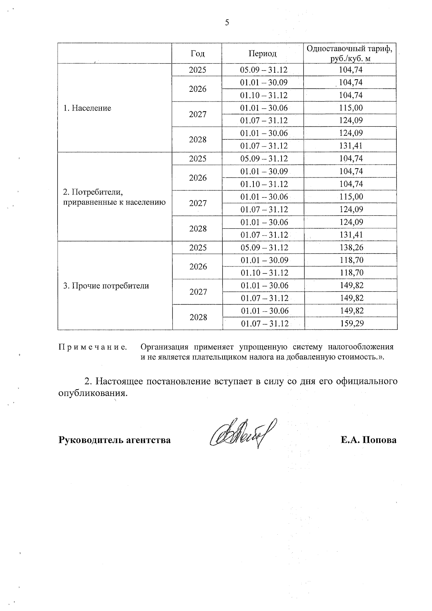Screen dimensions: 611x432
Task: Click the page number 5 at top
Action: pos(227,23)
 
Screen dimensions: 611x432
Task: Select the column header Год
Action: pos(197,54)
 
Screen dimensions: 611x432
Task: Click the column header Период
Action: pos(262,54)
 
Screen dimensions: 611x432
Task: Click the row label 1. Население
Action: pos(87,108)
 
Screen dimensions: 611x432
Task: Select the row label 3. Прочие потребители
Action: pos(106,286)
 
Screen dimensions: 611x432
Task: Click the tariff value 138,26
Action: pos(351,248)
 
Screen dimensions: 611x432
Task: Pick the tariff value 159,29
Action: pos(351,323)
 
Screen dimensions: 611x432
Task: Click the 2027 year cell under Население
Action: pos(198,114)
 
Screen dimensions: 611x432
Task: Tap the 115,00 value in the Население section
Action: pos(351,108)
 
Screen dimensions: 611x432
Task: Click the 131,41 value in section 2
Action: pos(351,235)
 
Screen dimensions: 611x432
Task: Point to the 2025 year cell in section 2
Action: pos(198,158)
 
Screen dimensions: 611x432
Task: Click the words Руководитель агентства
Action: pos(114,440)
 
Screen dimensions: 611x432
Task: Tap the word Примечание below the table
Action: pos(93,347)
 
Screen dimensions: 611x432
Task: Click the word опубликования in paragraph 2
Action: pos(93,393)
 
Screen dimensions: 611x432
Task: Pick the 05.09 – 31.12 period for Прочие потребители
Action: pos(264,248)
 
